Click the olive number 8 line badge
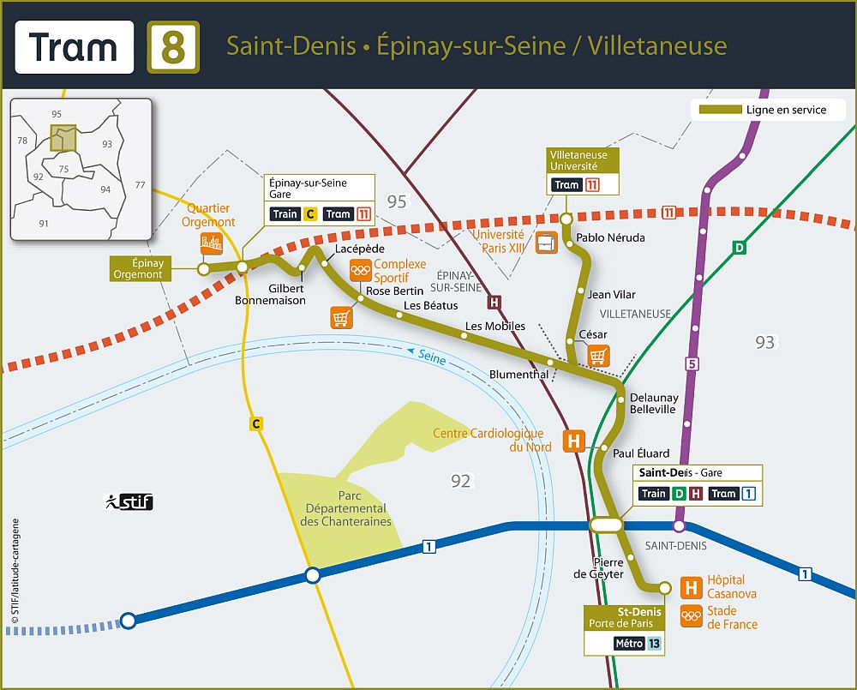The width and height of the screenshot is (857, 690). [x=173, y=46]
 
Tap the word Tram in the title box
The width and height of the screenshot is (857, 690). [x=74, y=46]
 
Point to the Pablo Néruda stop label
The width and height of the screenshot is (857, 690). [x=610, y=237]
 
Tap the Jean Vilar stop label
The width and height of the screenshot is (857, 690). [x=612, y=295]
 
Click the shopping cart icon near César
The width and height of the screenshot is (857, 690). [x=598, y=355]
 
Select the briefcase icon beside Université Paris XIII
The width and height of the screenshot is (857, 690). [x=546, y=243]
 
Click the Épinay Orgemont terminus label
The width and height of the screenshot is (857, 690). [x=138, y=268]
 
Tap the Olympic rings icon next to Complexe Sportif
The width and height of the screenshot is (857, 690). [x=361, y=272]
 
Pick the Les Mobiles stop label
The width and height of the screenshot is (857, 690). [x=494, y=327]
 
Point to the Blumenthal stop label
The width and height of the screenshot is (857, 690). [x=518, y=375]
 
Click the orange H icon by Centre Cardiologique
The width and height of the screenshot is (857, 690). [x=573, y=441]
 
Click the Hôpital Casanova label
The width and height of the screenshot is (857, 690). [x=731, y=587]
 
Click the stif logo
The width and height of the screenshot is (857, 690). [x=129, y=501]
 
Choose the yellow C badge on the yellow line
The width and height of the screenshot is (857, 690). [x=255, y=423]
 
